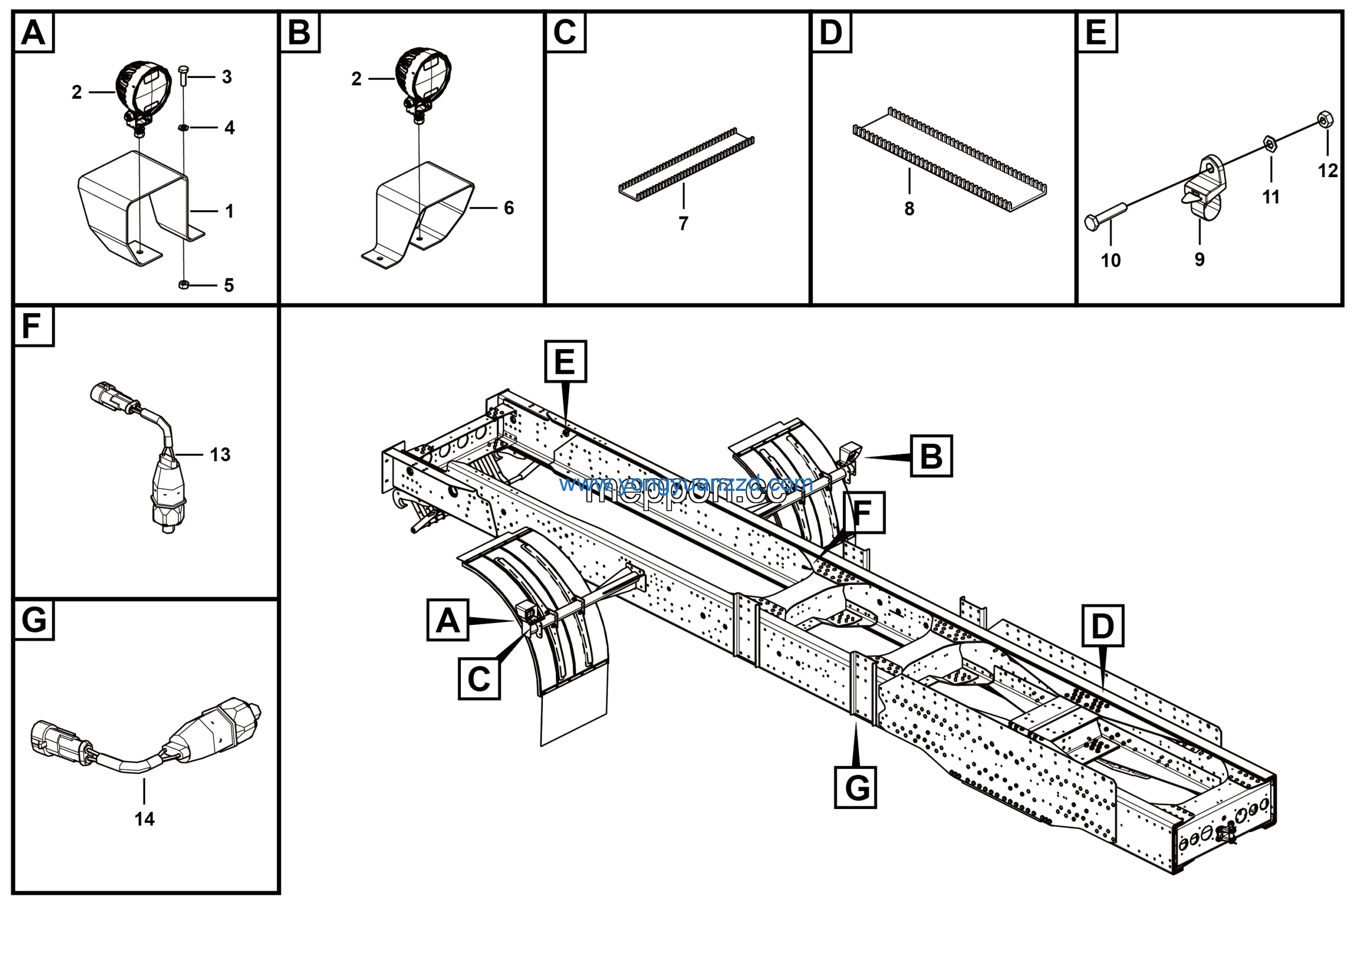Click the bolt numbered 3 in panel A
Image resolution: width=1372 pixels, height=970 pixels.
click(184, 77)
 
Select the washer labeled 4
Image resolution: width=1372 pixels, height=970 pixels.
click(184, 127)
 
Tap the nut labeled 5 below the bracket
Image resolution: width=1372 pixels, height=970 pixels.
click(184, 285)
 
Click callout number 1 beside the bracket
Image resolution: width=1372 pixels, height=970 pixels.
click(229, 211)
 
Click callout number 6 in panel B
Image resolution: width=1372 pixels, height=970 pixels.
click(509, 208)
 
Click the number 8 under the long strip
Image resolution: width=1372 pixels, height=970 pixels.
click(909, 209)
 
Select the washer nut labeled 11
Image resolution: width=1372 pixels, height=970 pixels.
click(1270, 144)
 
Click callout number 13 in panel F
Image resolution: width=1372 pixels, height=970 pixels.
click(220, 454)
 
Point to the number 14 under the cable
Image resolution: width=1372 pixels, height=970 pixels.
click(144, 819)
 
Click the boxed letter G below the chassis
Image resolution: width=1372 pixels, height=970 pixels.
click(855, 788)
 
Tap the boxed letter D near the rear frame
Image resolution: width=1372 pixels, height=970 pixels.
click(1102, 626)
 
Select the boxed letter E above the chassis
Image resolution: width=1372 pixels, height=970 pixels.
click(565, 361)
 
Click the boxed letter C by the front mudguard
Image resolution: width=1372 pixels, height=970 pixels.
click(479, 679)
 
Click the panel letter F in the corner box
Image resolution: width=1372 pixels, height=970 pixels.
click(32, 327)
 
